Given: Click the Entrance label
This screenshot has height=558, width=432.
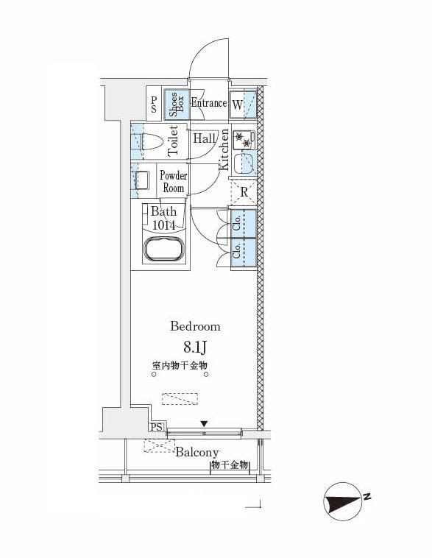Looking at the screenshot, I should pos(208,103).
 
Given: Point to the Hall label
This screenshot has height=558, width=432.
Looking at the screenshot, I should pos(204,138).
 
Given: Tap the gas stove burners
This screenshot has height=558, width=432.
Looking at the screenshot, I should pos(244,139).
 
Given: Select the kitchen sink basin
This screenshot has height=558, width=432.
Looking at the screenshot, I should pos(244,166).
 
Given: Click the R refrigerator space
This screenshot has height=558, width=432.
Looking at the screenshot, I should pos(243,194).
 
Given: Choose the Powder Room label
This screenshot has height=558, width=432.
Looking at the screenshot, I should pos(174,182).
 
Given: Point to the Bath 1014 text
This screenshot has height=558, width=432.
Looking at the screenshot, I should pos(163,219).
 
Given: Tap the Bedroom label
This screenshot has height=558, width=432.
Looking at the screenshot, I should pos(195,326).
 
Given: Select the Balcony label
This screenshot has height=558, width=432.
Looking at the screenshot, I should pos(196,452).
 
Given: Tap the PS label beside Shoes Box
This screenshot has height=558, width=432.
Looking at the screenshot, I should pos(154,105).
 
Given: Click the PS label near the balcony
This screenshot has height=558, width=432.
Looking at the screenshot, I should pos(156,427).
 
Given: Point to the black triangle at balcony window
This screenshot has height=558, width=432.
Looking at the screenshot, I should pos(205,423).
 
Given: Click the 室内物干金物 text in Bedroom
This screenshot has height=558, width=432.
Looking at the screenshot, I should pos(180,366).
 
